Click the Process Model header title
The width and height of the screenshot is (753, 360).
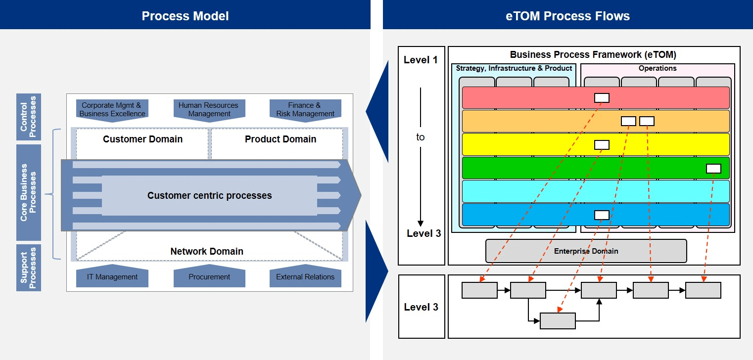[185, 16]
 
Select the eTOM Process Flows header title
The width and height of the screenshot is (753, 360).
[567, 16]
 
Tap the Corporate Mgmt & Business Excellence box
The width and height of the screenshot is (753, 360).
[112, 110]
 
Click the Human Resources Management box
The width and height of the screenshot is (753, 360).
[209, 110]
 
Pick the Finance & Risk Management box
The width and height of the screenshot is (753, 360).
[305, 110]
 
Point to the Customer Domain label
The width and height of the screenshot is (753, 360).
[142, 139]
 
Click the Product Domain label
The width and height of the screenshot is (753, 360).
[281, 139]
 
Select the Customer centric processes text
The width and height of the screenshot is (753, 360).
[209, 196]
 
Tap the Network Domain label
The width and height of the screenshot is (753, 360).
[207, 252]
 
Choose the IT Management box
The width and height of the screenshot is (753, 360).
[112, 277]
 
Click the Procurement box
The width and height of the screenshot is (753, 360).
[209, 277]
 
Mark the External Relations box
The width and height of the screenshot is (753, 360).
[305, 277]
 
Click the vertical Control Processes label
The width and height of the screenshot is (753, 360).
[29, 117]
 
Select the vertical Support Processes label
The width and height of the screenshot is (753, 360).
[29, 268]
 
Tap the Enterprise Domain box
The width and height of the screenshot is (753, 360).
[586, 251]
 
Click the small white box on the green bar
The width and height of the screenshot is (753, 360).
[713, 169]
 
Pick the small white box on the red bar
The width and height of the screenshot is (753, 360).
[602, 98]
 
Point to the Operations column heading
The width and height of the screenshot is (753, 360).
[657, 68]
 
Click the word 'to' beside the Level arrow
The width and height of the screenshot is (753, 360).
[420, 137]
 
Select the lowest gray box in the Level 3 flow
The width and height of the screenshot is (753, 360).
[558, 321]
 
